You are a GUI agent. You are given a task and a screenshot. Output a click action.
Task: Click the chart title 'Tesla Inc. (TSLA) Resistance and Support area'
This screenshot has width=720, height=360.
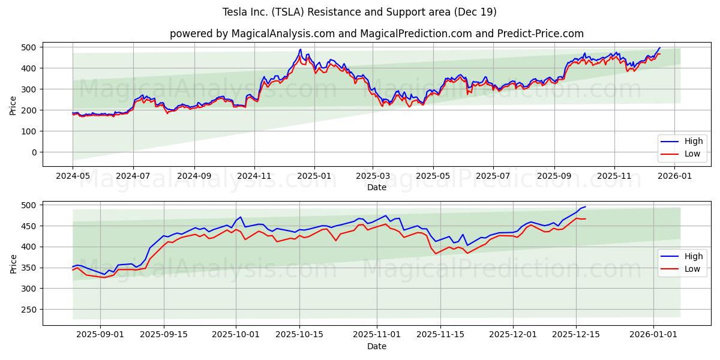(x=359, y=12)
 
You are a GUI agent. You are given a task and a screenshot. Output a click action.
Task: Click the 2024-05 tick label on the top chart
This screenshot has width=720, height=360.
(x=73, y=177)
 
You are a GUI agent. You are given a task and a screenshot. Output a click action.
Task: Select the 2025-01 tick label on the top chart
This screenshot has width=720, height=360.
(x=314, y=177)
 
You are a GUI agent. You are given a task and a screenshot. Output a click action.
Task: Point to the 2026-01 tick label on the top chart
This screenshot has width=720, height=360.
(x=675, y=177)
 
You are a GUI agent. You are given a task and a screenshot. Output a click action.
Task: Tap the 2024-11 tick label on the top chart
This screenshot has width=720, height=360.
(x=254, y=177)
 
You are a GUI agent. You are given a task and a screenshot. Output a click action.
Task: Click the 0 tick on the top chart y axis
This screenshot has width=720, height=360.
(x=34, y=152)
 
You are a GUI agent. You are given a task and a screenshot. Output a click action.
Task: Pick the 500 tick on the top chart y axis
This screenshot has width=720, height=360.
(x=29, y=47)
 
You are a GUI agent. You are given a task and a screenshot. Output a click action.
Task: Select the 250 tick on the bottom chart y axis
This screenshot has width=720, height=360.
(x=29, y=310)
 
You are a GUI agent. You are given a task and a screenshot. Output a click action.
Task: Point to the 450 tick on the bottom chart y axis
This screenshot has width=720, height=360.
(x=29, y=226)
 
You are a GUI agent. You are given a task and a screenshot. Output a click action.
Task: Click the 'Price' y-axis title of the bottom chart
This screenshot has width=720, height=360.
(x=13, y=263)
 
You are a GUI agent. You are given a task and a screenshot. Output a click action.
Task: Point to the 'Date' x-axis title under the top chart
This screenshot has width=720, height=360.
(x=376, y=188)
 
